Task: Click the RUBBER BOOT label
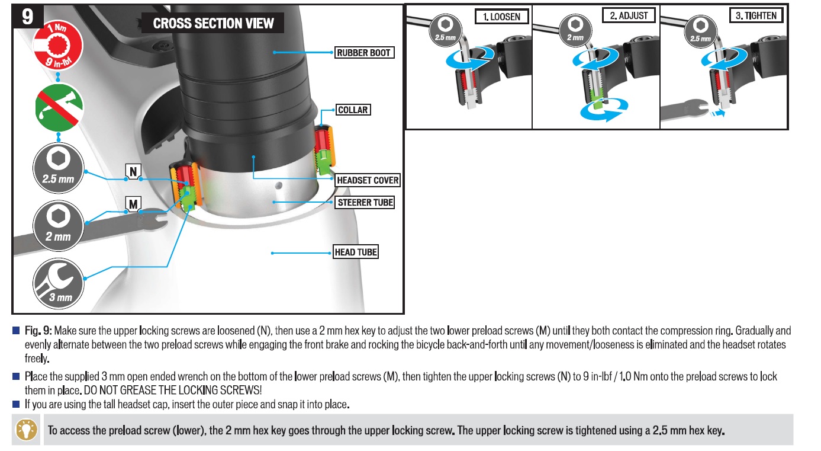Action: [364, 53]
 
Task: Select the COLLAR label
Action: [353, 110]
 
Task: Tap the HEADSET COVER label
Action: [368, 180]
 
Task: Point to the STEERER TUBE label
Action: [365, 203]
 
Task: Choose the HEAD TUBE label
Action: [356, 252]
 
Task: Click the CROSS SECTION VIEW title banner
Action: [213, 24]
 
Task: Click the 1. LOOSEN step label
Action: [501, 17]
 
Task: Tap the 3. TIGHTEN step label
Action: [756, 16]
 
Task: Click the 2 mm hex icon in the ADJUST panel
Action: [574, 30]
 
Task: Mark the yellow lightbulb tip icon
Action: [26, 429]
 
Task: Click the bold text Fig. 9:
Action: [39, 330]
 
